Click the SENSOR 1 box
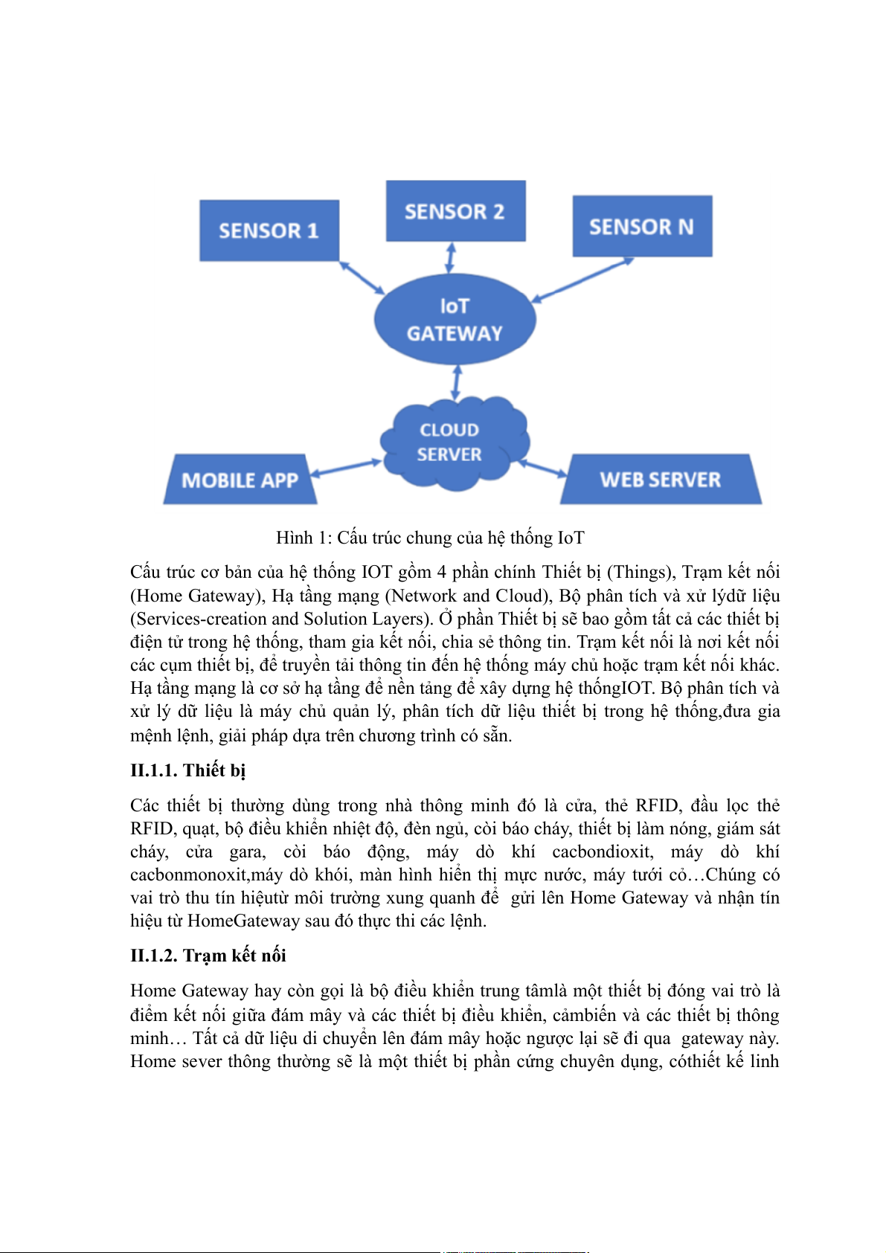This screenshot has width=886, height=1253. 269,231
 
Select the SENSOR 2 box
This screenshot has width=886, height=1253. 455,211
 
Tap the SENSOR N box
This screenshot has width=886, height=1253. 641,226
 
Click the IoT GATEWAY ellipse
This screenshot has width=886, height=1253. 455,320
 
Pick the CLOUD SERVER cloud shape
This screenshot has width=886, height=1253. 450,443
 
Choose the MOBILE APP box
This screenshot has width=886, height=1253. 240,480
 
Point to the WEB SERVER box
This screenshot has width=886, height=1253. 660,480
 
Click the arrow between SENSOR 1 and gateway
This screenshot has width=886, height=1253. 362,277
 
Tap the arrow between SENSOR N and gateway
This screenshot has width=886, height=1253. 582,279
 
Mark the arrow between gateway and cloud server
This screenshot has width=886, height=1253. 456,381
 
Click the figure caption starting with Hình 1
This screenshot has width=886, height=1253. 430,538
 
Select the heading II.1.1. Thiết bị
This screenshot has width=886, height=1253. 187,770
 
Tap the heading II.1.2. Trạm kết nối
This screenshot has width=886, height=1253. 208,956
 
